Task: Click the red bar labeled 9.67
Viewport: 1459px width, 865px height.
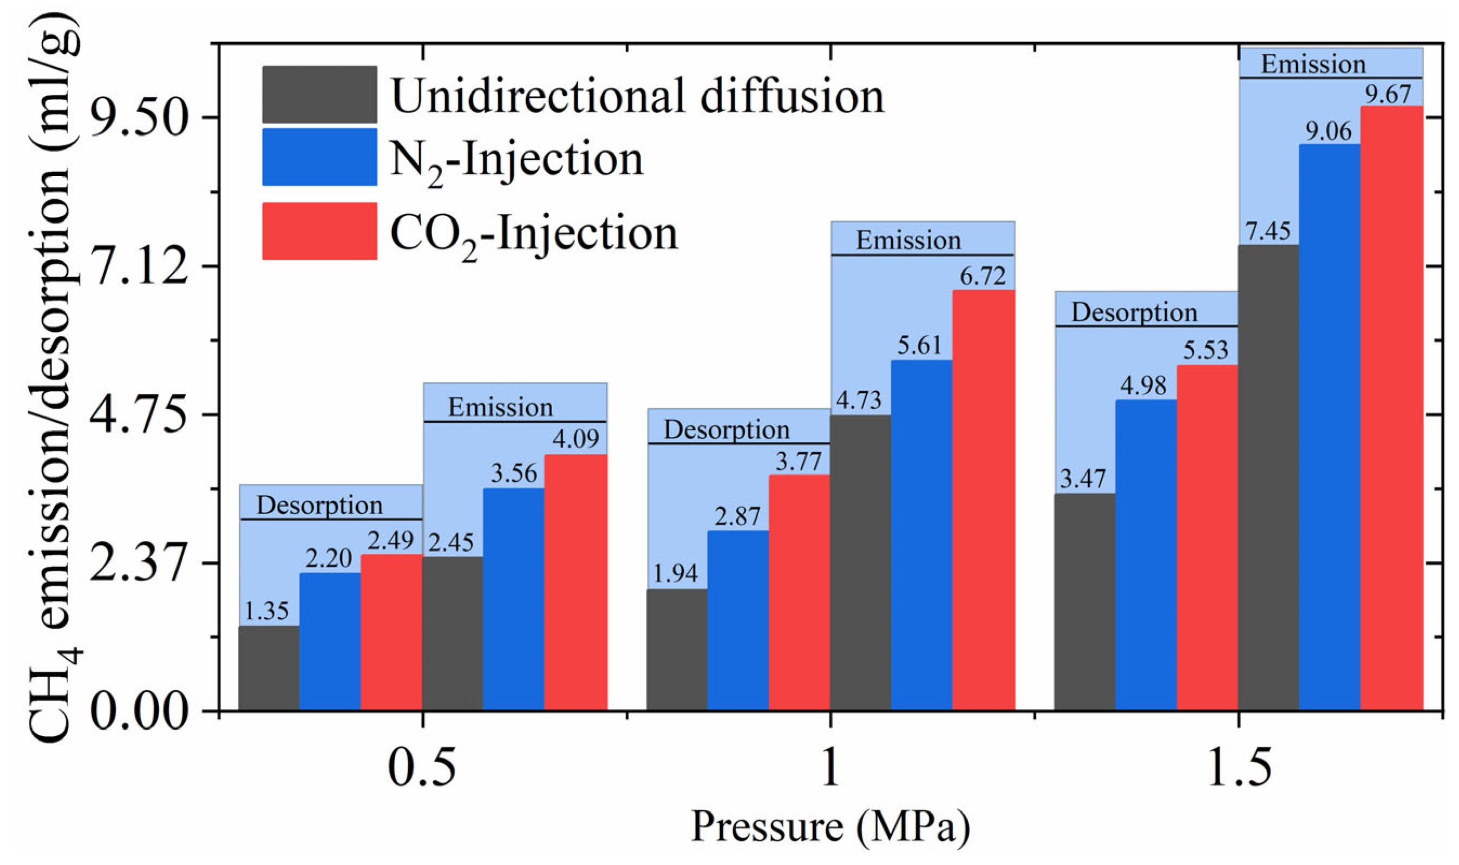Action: pyautogui.click(x=1391, y=408)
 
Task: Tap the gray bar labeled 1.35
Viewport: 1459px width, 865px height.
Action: pyautogui.click(x=269, y=668)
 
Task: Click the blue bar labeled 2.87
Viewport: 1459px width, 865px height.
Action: pyautogui.click(x=737, y=620)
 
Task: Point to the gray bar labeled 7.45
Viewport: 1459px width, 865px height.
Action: pyautogui.click(x=1268, y=478)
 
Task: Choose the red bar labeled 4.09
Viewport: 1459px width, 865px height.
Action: pyautogui.click(x=575, y=582)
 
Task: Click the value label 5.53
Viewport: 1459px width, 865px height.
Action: pyautogui.click(x=1205, y=350)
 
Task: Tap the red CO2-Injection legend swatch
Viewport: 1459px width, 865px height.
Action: pyautogui.click(x=319, y=231)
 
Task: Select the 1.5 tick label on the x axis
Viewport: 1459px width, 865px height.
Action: pyautogui.click(x=1238, y=768)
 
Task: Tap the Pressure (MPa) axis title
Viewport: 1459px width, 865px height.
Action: pyautogui.click(x=830, y=827)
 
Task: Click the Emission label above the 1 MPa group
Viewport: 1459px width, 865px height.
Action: pyautogui.click(x=907, y=240)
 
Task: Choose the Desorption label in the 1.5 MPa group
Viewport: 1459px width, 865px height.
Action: pyautogui.click(x=1134, y=312)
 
